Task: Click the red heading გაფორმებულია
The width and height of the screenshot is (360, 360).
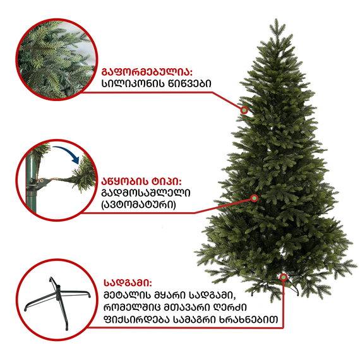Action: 147,71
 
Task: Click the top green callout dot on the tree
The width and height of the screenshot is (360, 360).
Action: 244,109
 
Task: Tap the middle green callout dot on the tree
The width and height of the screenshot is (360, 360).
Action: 255,198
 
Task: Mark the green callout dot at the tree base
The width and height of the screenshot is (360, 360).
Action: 284,277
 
